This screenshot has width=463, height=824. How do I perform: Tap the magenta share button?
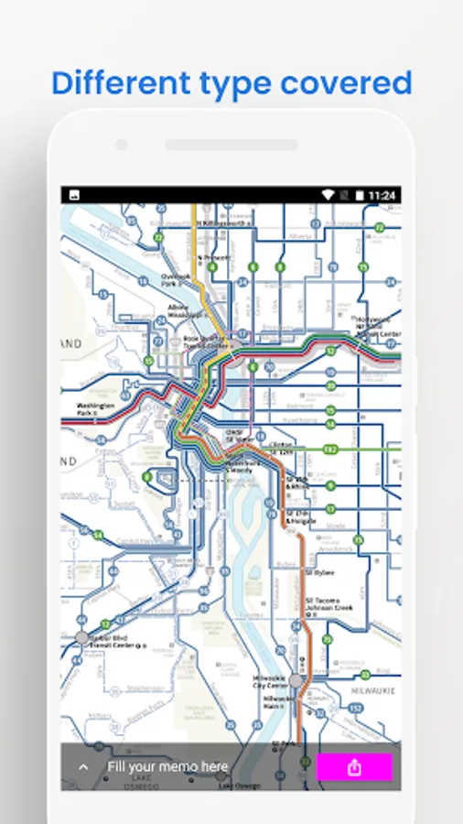tap(354, 767)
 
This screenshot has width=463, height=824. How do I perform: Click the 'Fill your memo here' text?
tap(167, 766)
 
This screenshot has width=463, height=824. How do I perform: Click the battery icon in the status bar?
tap(360, 195)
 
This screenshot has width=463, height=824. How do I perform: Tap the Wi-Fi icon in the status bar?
tap(328, 195)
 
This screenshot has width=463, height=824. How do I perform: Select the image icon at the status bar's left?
tap(74, 195)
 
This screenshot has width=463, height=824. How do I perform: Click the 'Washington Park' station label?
tap(95, 408)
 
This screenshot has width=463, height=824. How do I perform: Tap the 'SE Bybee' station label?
tap(319, 572)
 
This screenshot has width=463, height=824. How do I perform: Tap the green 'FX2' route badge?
tap(330, 450)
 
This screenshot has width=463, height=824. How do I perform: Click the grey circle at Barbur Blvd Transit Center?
tap(82, 636)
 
